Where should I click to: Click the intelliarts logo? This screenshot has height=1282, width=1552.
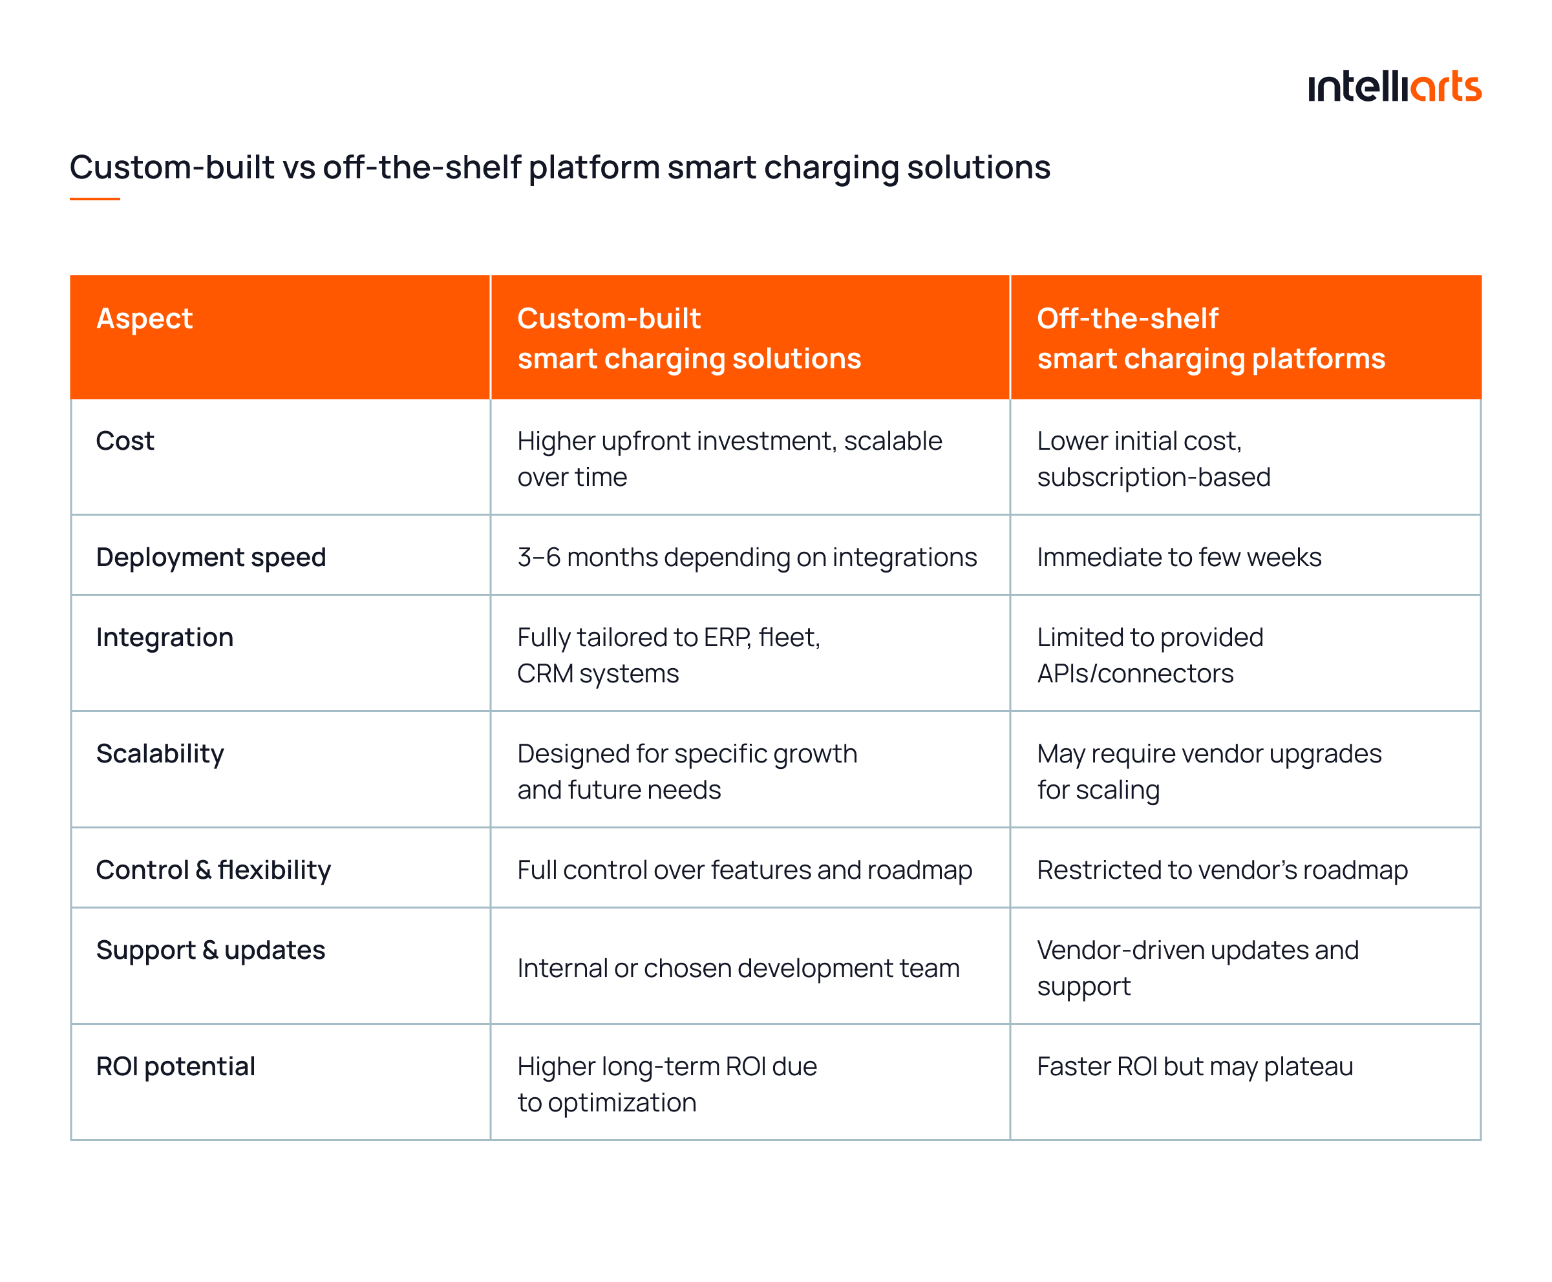pos(1393,87)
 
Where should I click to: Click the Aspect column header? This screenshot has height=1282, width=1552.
pos(145,319)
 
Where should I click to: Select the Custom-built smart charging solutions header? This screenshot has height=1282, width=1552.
pos(688,338)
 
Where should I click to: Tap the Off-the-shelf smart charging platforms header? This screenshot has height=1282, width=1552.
pos(1210,338)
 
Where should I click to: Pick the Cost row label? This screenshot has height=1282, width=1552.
pos(125,441)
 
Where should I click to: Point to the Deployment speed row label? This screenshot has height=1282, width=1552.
pos(211,557)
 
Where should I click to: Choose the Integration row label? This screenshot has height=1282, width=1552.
pos(165,637)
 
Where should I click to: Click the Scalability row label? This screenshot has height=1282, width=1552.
pos(160,753)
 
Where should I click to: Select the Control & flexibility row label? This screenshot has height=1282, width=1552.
pos(213,870)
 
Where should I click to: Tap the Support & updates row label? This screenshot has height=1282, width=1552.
pos(211,950)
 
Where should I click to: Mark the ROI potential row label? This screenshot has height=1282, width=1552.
pos(176,1066)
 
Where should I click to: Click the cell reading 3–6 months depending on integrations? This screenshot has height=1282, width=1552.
pos(747,557)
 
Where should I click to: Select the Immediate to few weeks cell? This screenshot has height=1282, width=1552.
pos(1179,557)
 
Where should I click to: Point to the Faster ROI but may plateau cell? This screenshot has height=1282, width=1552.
pos(1195,1066)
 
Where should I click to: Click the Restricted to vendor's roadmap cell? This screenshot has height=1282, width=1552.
pos(1222,870)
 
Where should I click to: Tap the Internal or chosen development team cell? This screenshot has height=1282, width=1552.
pos(738,968)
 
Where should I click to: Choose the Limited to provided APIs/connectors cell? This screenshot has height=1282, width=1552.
pos(1149,655)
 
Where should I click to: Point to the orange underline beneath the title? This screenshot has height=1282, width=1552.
pos(94,198)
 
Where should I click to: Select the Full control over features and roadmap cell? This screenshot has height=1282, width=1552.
pos(745,870)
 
